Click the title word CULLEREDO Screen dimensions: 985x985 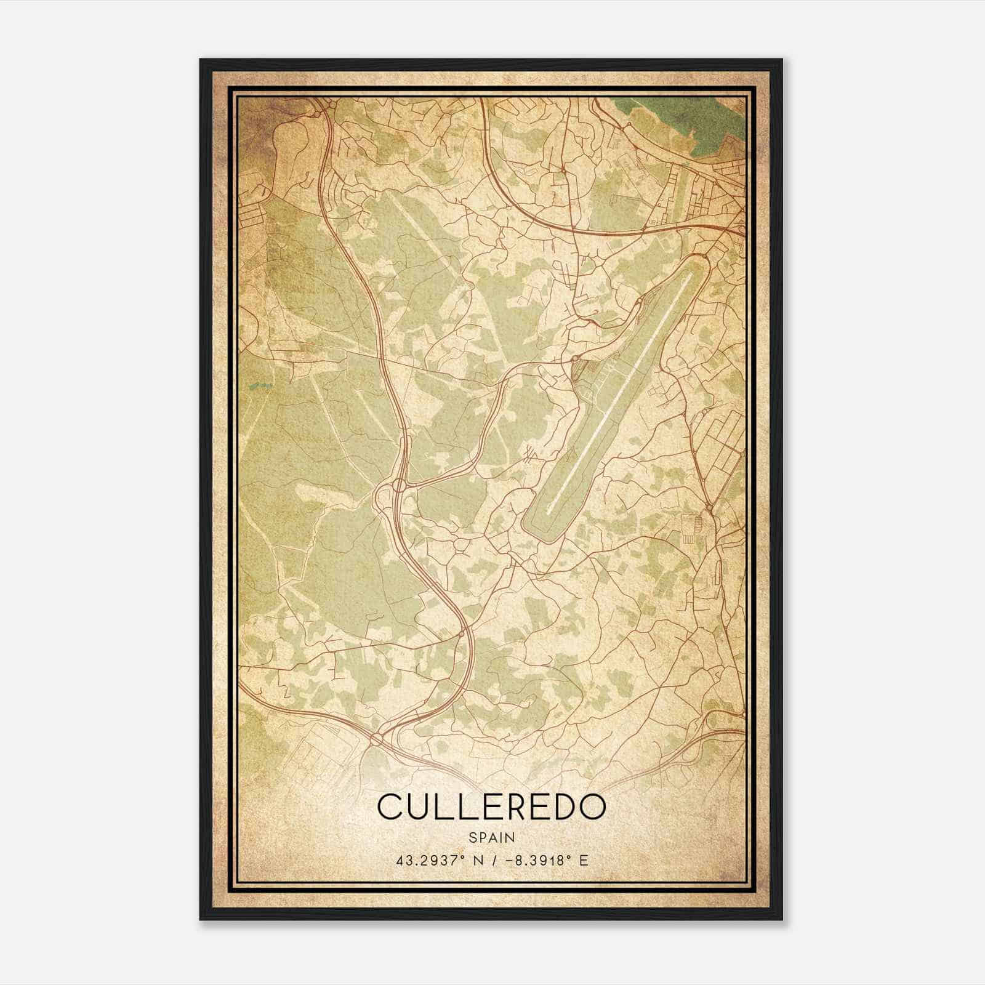point(491,806)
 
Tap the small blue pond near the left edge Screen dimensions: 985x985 point(259,386)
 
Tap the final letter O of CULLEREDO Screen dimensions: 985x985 point(591,806)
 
